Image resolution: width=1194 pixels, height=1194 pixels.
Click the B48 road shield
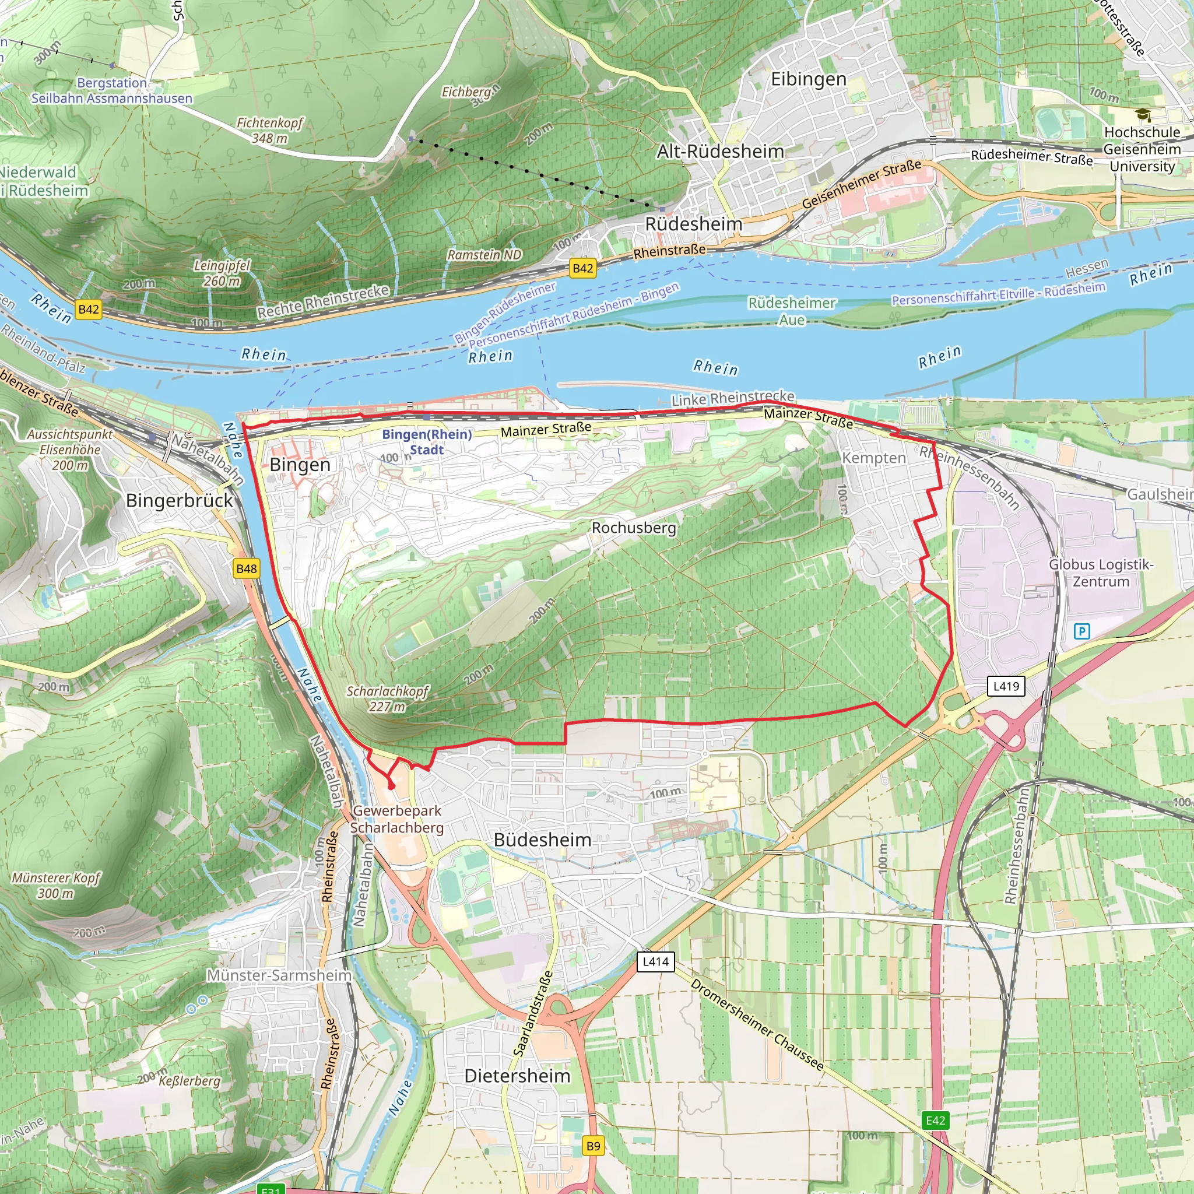pos(247,568)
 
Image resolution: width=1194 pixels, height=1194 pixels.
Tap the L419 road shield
pos(1006,686)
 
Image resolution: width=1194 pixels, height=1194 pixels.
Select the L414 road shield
pos(655,961)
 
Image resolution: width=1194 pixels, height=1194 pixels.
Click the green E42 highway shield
pos(935,1121)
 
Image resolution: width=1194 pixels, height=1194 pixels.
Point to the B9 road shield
pos(593,1146)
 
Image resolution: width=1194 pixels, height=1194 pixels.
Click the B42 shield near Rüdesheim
pos(583,268)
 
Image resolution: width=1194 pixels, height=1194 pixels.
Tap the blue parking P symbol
pos(1081,631)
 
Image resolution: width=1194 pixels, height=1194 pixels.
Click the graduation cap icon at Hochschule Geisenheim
pos(1143,115)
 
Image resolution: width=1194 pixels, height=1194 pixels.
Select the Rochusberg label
pos(634,528)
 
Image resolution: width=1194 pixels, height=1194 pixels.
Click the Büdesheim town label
pos(542,840)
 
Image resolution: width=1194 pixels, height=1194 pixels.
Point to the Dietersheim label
pos(517,1076)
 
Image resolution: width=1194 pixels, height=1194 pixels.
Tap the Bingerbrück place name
pos(179,501)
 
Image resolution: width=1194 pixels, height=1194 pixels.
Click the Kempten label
pos(874,458)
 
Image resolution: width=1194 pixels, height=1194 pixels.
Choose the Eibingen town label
pos(809,79)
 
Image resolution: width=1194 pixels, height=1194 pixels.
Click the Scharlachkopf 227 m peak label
pos(388,698)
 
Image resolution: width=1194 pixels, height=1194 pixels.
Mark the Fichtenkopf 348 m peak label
pos(270,131)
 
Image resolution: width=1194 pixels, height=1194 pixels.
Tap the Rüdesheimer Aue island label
pos(792,311)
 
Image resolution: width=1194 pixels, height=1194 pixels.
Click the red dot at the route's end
pos(391,786)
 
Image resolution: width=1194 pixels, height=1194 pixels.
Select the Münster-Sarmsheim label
pos(279,975)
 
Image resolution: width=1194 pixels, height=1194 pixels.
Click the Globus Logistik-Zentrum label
pos(1101,573)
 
